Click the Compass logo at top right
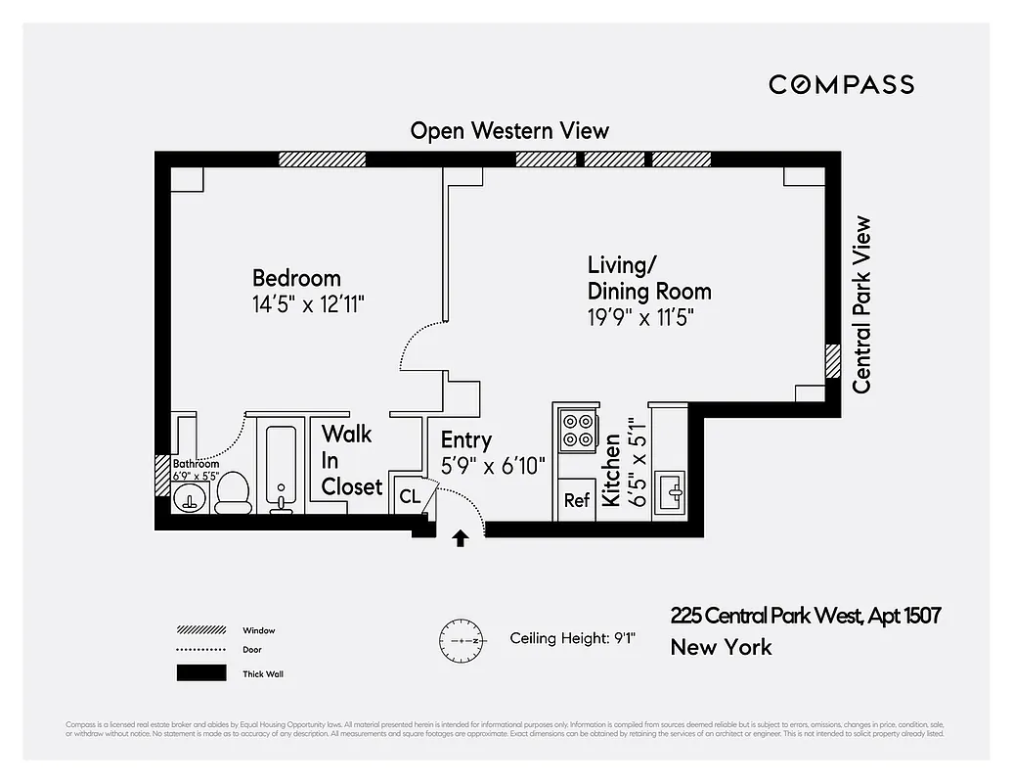pos(841,84)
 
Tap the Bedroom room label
pos(296,278)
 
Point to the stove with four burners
pos(578,428)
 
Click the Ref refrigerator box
pos(577,500)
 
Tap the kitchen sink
pos(671,489)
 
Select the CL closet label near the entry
pos(410,496)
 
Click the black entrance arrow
pos(461,537)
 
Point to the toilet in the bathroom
pos(233,492)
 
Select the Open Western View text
pos(509,131)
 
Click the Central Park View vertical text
pos(861,304)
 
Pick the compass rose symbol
pos(461,639)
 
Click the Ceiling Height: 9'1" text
pos(573,638)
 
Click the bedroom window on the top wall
pos(322,160)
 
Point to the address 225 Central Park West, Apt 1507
pos(805,616)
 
